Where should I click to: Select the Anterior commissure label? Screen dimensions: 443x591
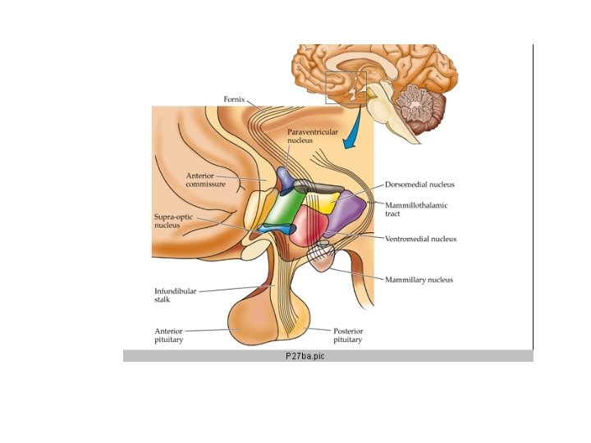pos(205,179)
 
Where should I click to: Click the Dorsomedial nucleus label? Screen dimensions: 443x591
pos(419,185)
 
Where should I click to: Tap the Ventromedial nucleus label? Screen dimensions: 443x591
pos(420,239)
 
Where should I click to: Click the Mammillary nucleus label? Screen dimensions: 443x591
pos(419,280)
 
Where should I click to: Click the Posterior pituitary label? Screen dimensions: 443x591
pos(347,335)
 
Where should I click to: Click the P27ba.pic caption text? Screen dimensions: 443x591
pos(305,356)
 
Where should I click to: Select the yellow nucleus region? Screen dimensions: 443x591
pos(320,202)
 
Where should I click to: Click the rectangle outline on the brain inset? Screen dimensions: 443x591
pos(346,88)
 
